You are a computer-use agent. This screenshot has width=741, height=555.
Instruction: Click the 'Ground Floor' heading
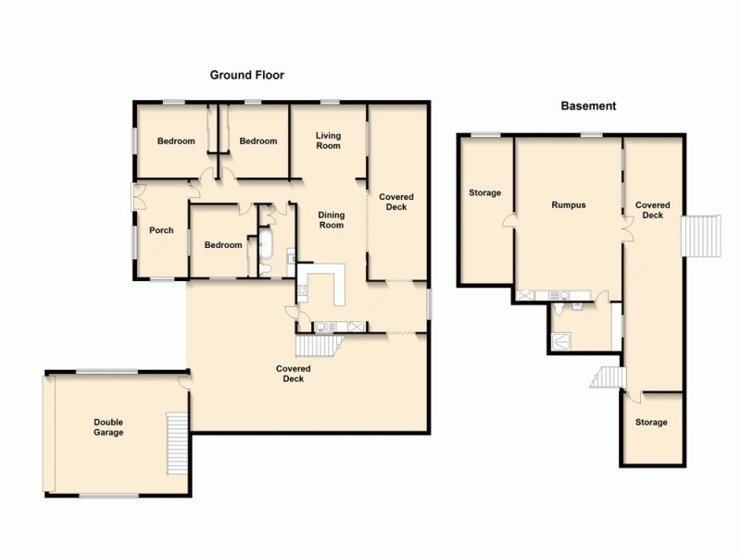[246, 76]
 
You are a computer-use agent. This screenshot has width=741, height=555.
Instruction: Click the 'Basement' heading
[588, 106]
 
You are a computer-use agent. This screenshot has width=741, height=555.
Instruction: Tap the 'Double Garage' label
[108, 427]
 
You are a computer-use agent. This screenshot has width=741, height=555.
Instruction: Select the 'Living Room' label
[328, 141]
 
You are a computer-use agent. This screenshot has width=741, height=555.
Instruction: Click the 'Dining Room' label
[331, 220]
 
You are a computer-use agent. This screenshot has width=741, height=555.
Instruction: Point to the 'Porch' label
[161, 230]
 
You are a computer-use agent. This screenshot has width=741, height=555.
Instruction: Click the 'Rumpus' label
[569, 205]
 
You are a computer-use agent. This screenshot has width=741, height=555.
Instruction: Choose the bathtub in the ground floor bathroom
[265, 244]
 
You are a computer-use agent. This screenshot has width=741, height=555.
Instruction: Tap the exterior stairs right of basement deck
[701, 235]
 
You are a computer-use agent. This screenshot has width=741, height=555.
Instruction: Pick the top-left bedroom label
[176, 142]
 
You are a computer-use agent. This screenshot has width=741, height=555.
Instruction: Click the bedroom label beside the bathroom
[223, 245]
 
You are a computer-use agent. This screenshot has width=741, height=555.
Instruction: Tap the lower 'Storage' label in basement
[651, 423]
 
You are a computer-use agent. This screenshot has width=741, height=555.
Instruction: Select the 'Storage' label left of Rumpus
[484, 193]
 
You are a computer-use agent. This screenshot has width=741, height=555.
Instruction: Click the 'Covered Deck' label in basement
[652, 210]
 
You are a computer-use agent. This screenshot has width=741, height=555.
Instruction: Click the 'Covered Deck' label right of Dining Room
[396, 202]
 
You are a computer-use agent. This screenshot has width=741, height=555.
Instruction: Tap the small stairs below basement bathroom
[606, 377]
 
